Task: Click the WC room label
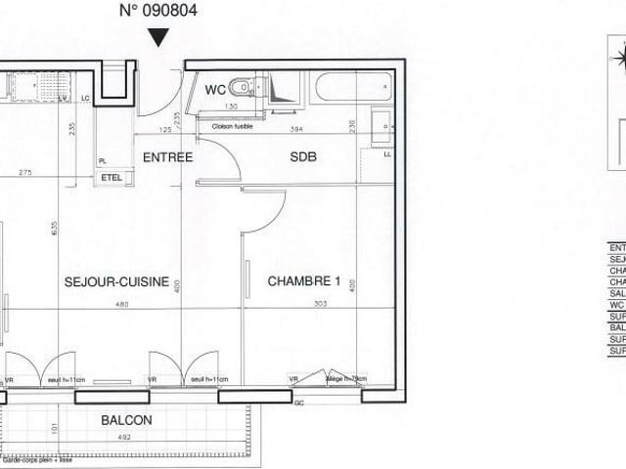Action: coord(216,90)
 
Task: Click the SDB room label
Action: coord(304,157)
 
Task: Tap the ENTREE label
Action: coord(167,157)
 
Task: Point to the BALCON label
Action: coord(126,420)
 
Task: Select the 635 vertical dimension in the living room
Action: coord(57,229)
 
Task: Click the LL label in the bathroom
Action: coord(387,154)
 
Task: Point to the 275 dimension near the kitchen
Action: coord(25,172)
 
